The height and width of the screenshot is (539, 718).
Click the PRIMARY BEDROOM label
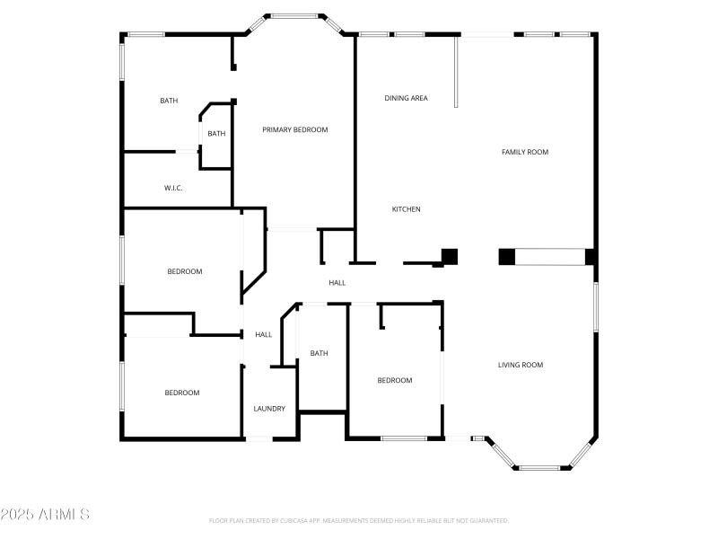294,130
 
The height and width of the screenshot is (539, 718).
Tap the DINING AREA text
406,98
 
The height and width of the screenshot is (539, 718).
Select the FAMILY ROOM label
524,153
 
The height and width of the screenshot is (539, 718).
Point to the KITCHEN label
406,209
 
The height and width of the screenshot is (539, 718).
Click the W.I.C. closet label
173,188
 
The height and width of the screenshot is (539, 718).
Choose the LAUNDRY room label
269,409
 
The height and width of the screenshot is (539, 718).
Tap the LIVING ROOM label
521,365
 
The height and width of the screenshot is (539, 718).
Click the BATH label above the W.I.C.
169,101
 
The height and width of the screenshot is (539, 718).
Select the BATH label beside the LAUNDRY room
319,354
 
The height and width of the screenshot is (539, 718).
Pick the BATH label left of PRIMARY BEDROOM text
216,134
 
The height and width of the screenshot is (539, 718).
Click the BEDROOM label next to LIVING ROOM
394,381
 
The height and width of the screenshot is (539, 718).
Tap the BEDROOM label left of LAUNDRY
181,393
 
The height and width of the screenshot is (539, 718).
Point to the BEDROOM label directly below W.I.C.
185,271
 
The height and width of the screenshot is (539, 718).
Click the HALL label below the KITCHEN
337,283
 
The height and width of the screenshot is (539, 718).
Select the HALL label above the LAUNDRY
263,335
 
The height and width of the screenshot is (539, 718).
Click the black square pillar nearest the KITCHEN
450,256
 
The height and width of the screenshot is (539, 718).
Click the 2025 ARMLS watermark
45,515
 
